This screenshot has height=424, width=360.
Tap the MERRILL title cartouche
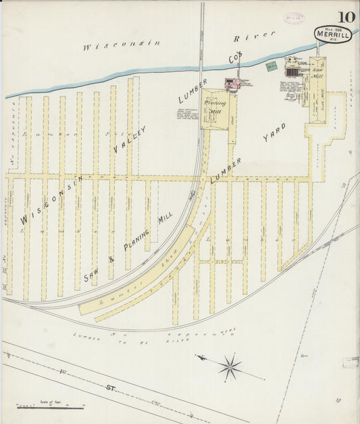coord(332,34)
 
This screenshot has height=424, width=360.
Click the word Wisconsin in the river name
coord(122,46)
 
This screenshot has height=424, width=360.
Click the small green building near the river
coord(271,66)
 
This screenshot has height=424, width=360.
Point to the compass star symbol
coord(230,367)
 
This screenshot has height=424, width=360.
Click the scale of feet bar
coord(51,407)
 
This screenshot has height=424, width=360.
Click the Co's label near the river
coord(235,59)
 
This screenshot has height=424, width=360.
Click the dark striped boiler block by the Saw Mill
coord(292,71)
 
